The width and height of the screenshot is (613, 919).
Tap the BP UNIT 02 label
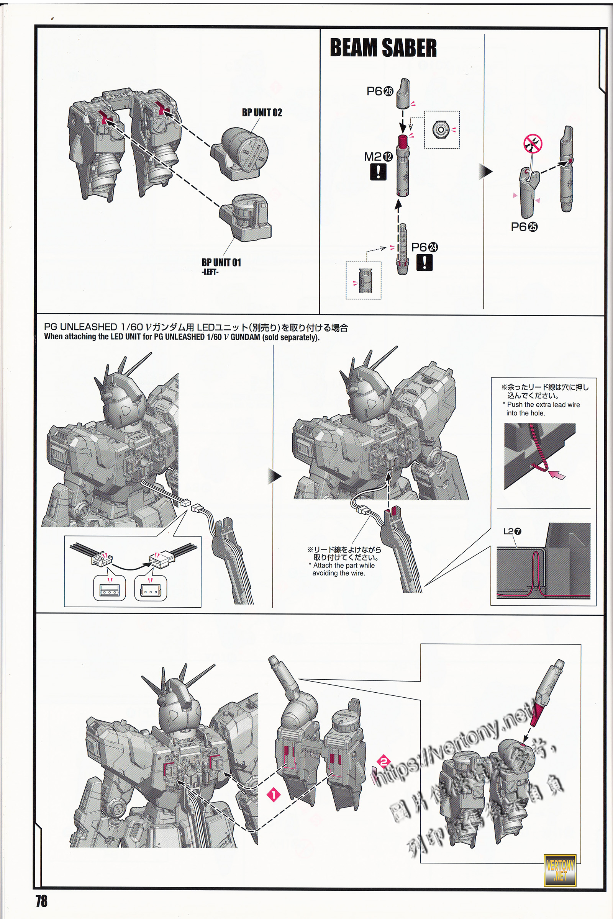tap(262, 113)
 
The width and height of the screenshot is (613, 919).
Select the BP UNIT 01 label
tap(221, 263)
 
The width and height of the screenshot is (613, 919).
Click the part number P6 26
tap(380, 92)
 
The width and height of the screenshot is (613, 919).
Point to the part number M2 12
tap(378, 157)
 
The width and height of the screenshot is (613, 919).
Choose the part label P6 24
tap(424, 247)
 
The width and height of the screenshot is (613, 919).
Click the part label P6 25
tap(524, 227)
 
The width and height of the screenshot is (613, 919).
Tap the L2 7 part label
tap(512, 531)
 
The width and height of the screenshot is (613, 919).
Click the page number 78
tap(41, 901)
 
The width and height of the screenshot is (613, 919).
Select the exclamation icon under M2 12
tap(378, 172)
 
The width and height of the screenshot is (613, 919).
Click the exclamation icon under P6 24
tap(424, 262)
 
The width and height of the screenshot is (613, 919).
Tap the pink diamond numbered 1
tap(274, 795)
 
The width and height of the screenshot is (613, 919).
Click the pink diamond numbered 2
tap(384, 762)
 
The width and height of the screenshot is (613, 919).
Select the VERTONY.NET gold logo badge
tap(560, 870)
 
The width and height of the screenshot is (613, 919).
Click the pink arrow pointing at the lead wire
tap(557, 475)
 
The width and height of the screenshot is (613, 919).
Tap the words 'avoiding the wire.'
tap(339, 573)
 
